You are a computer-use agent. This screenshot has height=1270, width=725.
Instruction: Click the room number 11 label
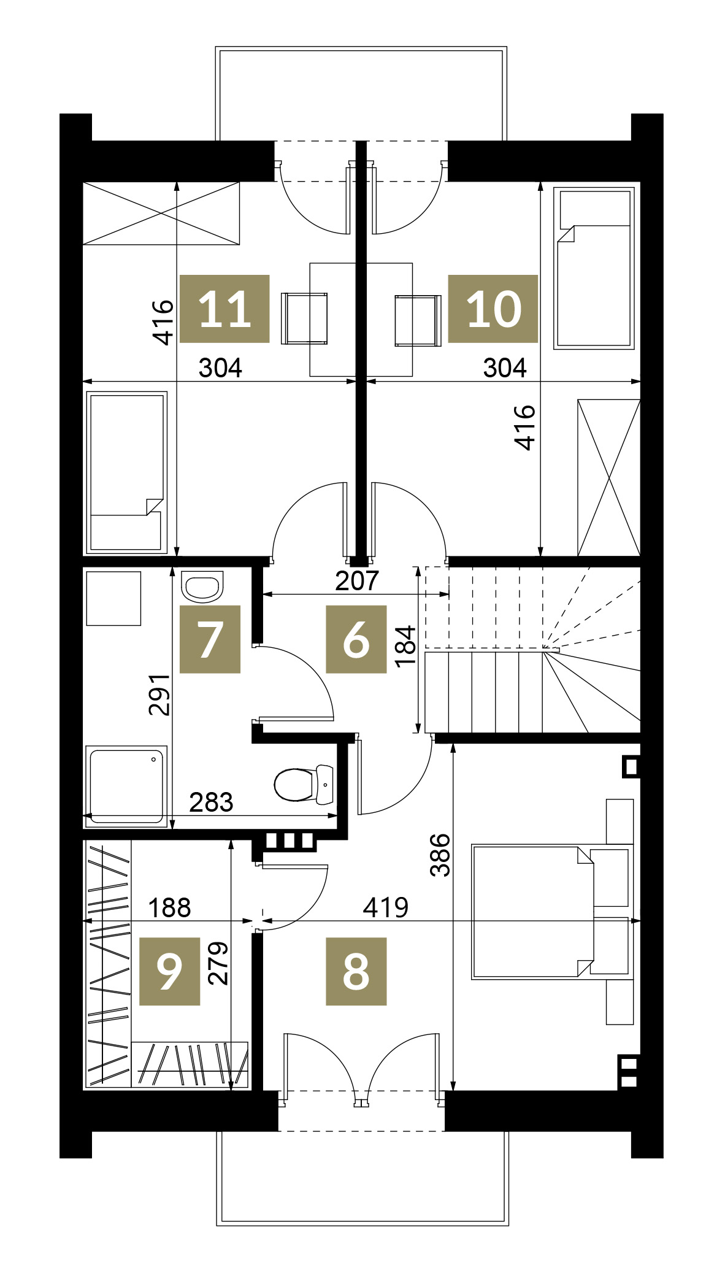tap(224, 309)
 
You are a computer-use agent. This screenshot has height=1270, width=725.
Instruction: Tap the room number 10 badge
tap(493, 309)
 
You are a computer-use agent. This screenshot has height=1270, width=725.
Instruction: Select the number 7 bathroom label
tap(210, 639)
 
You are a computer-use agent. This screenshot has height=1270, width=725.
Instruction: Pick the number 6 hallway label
tap(356, 639)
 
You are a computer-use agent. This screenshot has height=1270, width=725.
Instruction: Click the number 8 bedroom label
tap(356, 971)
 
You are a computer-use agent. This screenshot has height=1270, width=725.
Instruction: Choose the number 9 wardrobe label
tap(170, 971)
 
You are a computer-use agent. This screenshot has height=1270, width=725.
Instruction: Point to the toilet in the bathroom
tap(304, 785)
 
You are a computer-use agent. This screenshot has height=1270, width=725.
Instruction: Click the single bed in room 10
tap(594, 268)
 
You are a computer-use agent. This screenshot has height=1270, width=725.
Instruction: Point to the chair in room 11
tap(304, 318)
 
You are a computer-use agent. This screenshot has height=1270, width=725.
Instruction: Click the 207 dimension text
tap(357, 580)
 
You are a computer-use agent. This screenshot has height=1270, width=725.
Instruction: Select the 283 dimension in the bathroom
tap(211, 802)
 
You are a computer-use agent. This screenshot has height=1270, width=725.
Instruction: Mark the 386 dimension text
tap(440, 855)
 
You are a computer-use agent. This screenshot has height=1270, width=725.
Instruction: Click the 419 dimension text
tap(385, 907)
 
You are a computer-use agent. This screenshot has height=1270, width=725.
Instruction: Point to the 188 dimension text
tap(169, 907)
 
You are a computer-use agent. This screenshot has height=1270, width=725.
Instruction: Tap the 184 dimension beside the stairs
tap(405, 647)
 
